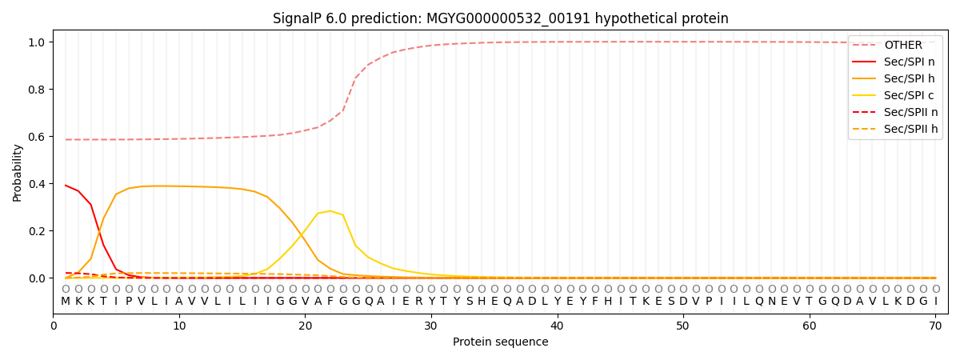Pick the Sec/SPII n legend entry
[x=895, y=112]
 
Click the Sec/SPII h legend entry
[x=895, y=129]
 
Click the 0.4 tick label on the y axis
[x=36, y=184]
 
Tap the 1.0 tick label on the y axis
[x=36, y=42]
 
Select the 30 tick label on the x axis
[x=431, y=326]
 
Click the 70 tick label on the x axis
[x=935, y=326]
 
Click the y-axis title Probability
[x=17, y=173]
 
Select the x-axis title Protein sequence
[x=501, y=342]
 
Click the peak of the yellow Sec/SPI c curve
[x=330, y=211]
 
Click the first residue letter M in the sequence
[x=66, y=302]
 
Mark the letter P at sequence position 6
[x=129, y=302]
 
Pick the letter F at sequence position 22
[x=330, y=302]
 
